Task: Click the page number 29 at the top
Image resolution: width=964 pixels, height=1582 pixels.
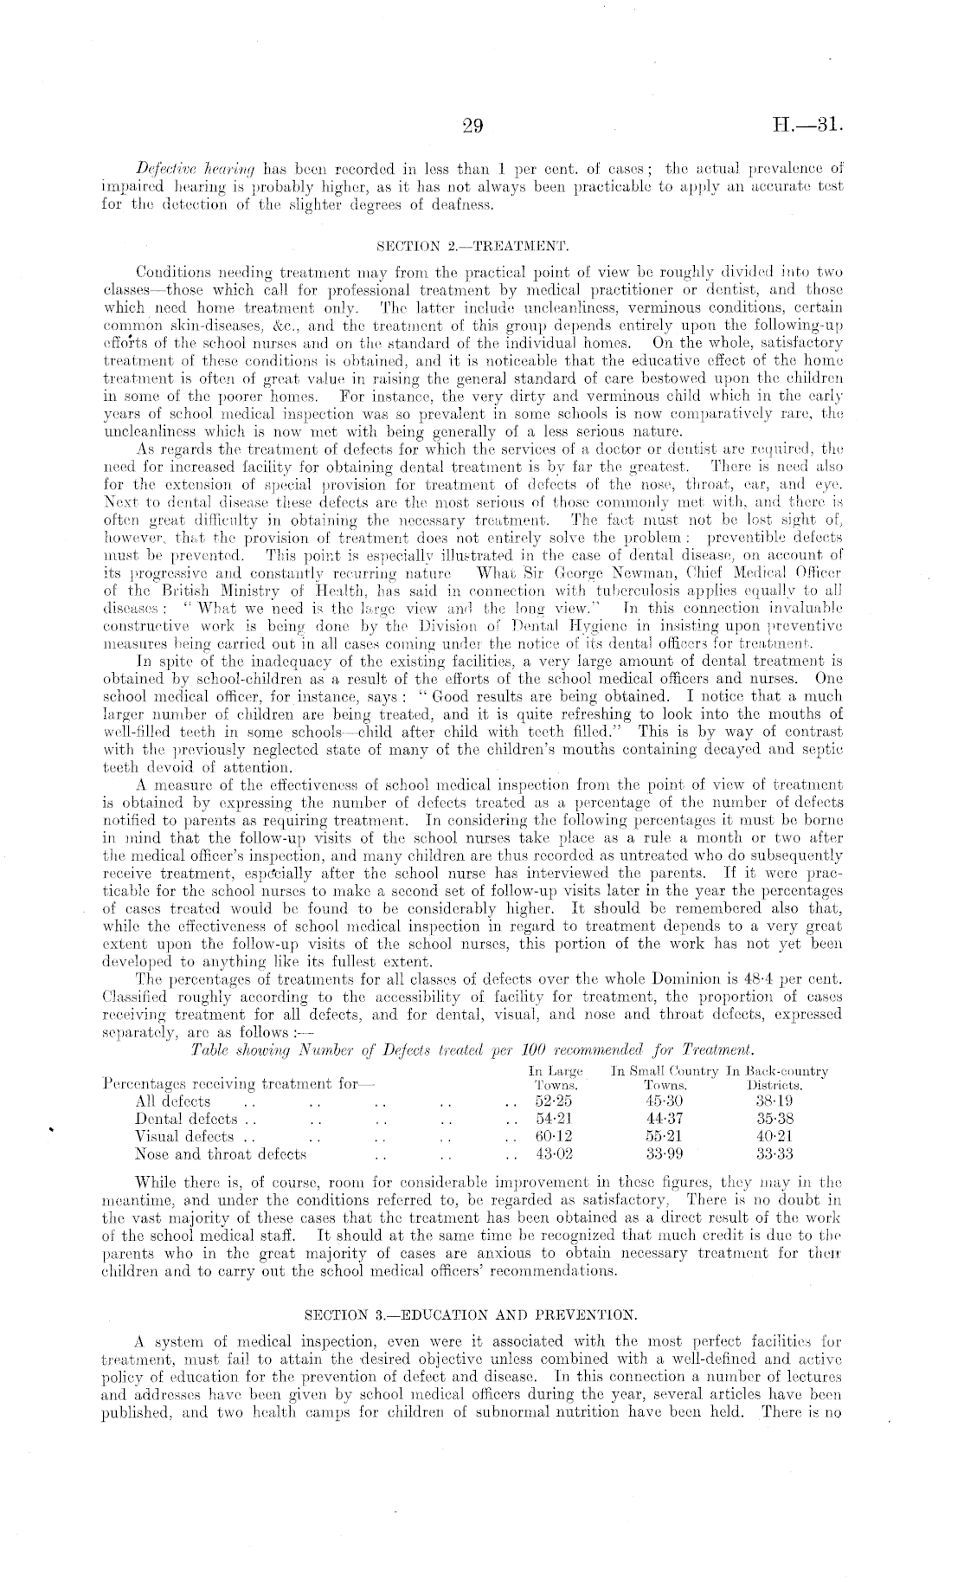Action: pos(472,126)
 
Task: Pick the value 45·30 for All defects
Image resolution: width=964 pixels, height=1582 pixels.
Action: pos(665,1101)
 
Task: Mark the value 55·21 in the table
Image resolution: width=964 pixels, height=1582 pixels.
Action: pos(665,1136)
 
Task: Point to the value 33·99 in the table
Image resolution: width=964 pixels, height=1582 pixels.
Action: pos(665,1153)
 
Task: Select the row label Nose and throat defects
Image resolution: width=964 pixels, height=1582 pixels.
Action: pos(221,1153)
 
